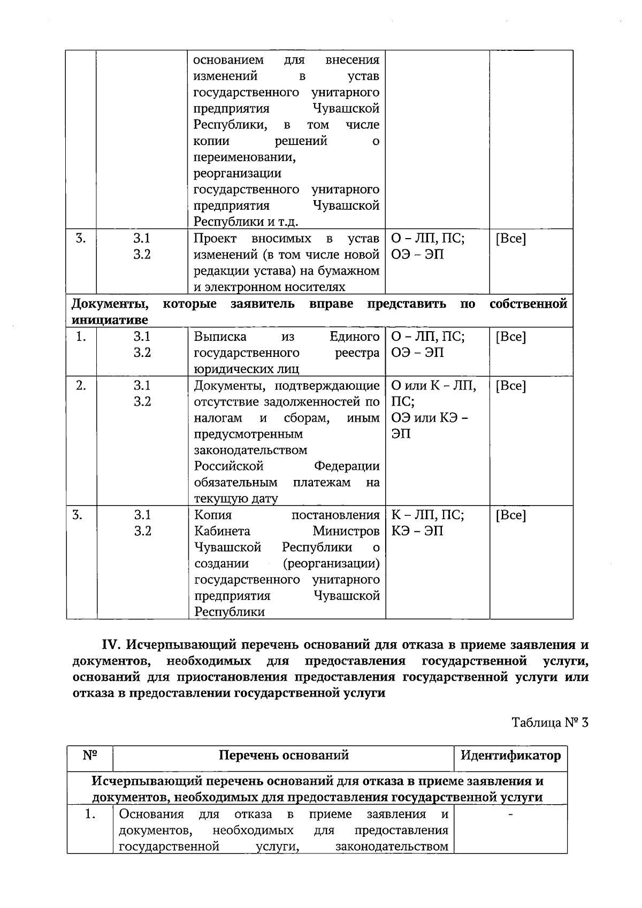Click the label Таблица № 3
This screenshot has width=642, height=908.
pyautogui.click(x=550, y=722)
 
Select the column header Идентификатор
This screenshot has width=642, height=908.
pyautogui.click(x=510, y=756)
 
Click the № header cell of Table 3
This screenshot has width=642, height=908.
pyautogui.click(x=90, y=756)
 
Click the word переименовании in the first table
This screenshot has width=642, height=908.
pyautogui.click(x=244, y=157)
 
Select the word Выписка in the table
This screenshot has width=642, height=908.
pyautogui.click(x=220, y=337)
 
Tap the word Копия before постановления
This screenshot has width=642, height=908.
pyautogui.click(x=213, y=515)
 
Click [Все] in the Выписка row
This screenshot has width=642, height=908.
pyautogui.click(x=511, y=337)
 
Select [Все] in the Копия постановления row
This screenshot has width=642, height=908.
pyautogui.click(x=511, y=515)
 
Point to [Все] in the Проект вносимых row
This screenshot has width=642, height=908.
pyautogui.click(x=511, y=239)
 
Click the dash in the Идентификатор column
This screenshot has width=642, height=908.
pyautogui.click(x=510, y=814)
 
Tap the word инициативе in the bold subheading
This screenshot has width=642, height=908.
pyautogui.click(x=110, y=320)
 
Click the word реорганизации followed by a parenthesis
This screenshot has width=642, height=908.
pyautogui.click(x=332, y=563)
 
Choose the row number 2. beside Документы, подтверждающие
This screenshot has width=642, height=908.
pyautogui.click(x=81, y=385)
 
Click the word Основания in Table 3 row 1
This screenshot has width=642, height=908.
pyautogui.click(x=151, y=814)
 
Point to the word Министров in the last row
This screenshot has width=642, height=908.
pyautogui.click(x=346, y=531)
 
